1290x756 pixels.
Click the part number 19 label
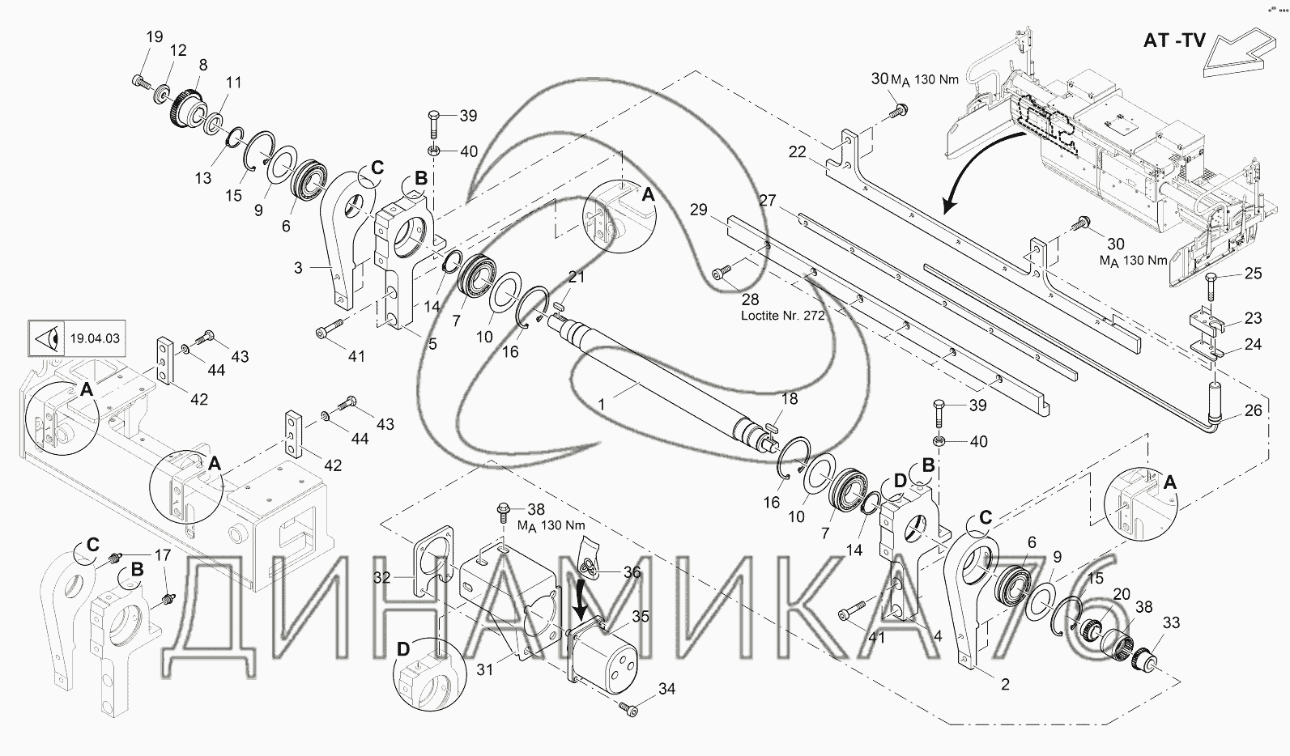click(155, 37)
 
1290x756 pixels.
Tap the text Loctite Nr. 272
click(782, 316)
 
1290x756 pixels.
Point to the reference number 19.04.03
click(95, 338)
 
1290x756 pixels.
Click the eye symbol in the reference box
click(48, 338)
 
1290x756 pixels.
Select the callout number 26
click(1253, 410)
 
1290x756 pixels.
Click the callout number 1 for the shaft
click(602, 405)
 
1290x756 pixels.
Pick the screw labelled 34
click(628, 708)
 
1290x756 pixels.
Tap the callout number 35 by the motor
click(641, 616)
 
